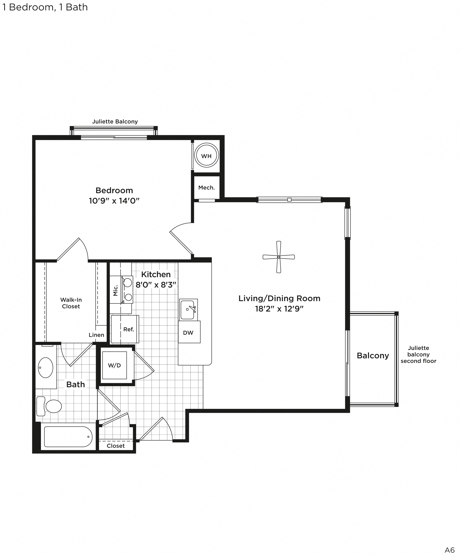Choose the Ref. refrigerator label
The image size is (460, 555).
click(x=129, y=329)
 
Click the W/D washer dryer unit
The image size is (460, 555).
click(x=114, y=365)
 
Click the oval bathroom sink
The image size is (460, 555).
click(x=46, y=367)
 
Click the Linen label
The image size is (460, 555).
click(x=96, y=335)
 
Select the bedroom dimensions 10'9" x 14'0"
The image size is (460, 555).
click(x=114, y=201)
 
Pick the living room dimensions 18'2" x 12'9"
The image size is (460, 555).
click(x=279, y=309)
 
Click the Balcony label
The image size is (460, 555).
click(x=373, y=355)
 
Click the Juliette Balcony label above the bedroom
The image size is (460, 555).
click(x=115, y=122)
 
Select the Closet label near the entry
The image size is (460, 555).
click(x=116, y=446)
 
